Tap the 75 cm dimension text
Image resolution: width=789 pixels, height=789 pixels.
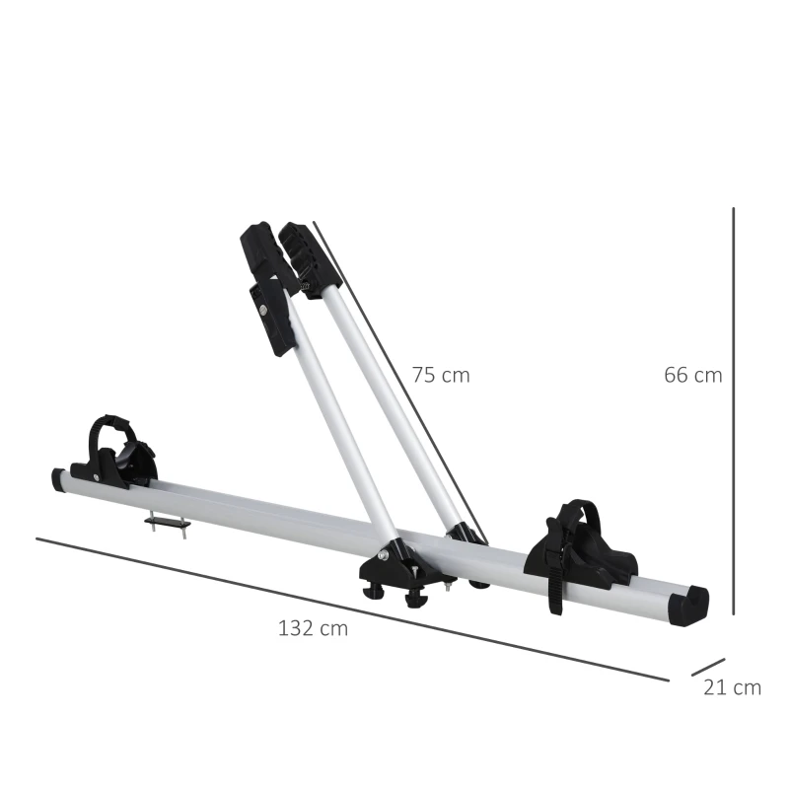(441, 375)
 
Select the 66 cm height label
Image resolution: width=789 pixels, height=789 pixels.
(692, 375)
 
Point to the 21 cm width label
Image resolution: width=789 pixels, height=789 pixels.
(732, 687)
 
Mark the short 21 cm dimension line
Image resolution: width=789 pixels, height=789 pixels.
(708, 668)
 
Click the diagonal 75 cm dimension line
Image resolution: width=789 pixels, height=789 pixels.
(394, 375)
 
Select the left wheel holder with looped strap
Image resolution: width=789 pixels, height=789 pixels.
(116, 453)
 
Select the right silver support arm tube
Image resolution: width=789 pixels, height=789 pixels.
(394, 394)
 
